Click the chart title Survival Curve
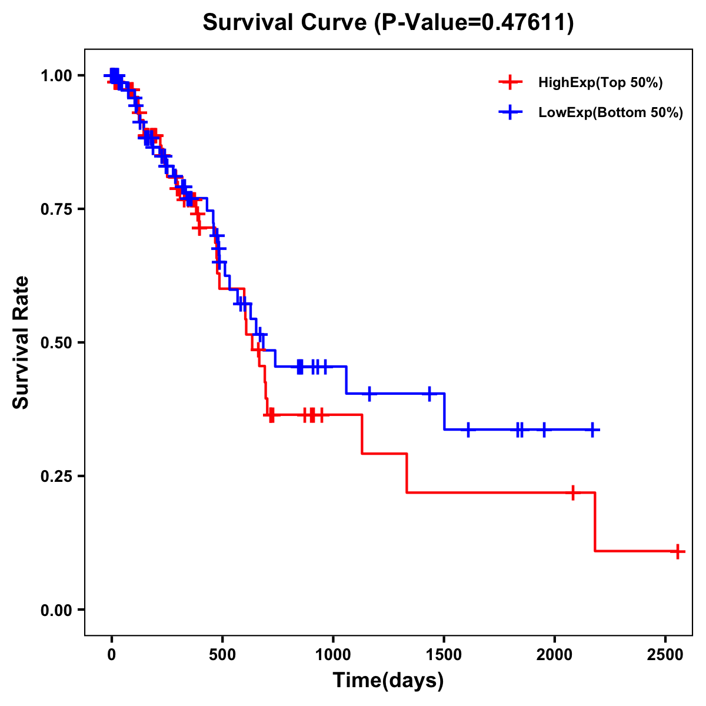(x=285, y=23)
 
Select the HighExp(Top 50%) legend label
(x=600, y=83)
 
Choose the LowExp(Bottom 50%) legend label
(x=611, y=113)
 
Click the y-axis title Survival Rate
(x=21, y=342)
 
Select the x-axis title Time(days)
(x=388, y=681)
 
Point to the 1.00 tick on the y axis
(x=56, y=75)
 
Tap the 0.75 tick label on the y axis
(x=56, y=209)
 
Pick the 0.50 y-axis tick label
(x=56, y=342)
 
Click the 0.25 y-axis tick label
(x=56, y=476)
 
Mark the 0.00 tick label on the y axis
(x=56, y=610)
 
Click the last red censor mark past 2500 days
(x=678, y=551)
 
